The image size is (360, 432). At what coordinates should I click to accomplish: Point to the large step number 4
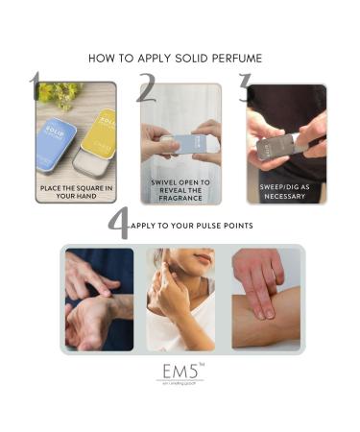117,225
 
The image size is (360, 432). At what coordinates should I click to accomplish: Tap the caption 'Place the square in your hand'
76,190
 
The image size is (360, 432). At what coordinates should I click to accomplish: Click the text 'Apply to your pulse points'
192,228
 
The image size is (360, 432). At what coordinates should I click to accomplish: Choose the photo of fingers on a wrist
99,299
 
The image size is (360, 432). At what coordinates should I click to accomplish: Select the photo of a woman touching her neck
180,299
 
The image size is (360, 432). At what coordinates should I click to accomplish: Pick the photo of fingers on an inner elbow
265,299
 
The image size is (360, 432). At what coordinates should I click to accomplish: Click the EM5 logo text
179,370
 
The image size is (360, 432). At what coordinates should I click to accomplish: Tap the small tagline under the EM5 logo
180,384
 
